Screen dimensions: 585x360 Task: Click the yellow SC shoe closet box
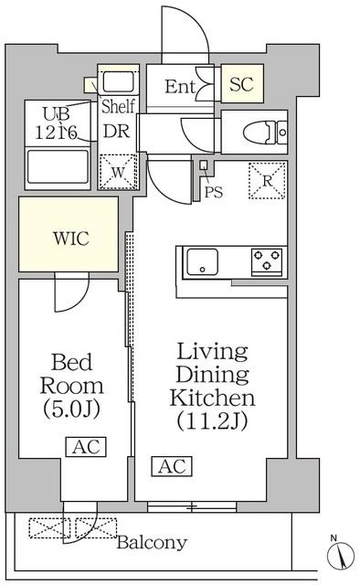(x=241, y=86)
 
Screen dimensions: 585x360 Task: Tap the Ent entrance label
(x=181, y=87)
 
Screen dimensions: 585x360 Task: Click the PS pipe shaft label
(x=214, y=192)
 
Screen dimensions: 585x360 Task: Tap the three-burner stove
(x=268, y=262)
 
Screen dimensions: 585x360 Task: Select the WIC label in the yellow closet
(x=69, y=239)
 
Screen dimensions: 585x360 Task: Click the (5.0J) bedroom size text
(x=70, y=409)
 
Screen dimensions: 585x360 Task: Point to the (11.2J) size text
(x=213, y=421)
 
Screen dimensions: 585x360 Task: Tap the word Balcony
(x=152, y=543)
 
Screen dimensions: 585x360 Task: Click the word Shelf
(x=118, y=106)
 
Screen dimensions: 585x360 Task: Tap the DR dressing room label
(x=115, y=131)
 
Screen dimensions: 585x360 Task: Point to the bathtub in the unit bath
(x=58, y=168)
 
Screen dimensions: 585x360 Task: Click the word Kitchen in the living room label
(x=213, y=398)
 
